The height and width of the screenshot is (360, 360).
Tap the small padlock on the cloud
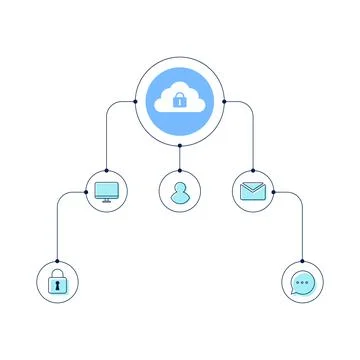tap(180, 101)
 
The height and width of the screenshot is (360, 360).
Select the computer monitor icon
tap(106, 190)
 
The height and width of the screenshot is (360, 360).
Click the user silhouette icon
tap(180, 191)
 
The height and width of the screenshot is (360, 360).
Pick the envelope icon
tap(253, 191)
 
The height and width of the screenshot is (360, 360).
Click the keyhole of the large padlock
tap(58, 286)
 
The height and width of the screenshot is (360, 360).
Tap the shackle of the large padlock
tap(58, 272)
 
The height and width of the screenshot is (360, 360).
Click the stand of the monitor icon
tap(106, 199)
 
